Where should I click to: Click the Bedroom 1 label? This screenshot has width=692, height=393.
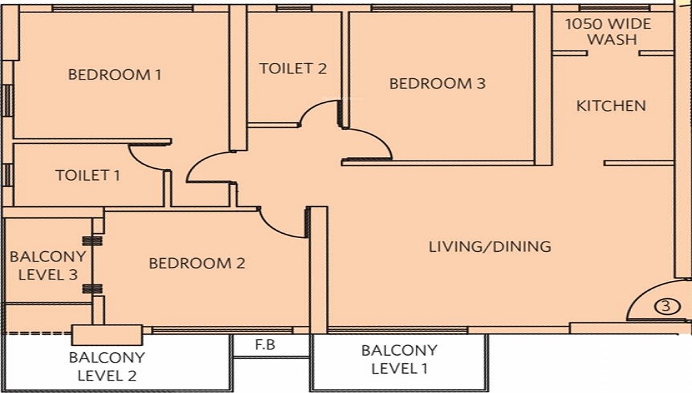pyautogui.click(x=115, y=75)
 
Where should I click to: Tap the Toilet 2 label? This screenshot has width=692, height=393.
pyautogui.click(x=293, y=68)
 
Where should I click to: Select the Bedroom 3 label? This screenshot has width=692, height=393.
pyautogui.click(x=437, y=83)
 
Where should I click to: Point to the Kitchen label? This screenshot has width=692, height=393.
pyautogui.click(x=611, y=106)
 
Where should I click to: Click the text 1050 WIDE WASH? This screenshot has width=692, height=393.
pyautogui.click(x=608, y=31)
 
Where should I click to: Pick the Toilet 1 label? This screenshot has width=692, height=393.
pyautogui.click(x=88, y=176)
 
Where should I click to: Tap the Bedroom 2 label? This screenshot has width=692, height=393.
pyautogui.click(x=197, y=264)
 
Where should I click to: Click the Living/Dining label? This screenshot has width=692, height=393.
pyautogui.click(x=490, y=246)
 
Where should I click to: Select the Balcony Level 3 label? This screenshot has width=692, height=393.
pyautogui.click(x=48, y=266)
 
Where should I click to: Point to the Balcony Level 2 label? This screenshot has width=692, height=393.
pyautogui.click(x=107, y=367)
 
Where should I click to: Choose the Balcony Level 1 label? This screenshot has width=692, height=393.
pyautogui.click(x=399, y=359)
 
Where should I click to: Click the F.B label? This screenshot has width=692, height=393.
pyautogui.click(x=265, y=344)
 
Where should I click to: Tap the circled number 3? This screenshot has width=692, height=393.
pyautogui.click(x=666, y=306)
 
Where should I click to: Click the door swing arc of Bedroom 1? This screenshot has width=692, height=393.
pyautogui.click(x=198, y=161)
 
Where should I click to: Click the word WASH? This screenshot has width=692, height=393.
pyautogui.click(x=612, y=39)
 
